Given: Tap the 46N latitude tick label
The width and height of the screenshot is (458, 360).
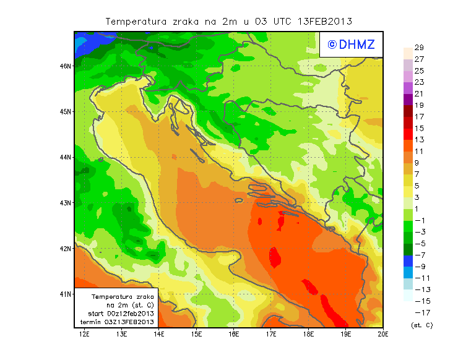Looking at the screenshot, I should [66, 66].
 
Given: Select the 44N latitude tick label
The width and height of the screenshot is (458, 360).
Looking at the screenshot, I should [66, 157].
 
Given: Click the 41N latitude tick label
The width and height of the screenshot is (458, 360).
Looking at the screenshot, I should [66, 294].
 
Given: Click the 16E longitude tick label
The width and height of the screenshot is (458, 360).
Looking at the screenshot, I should [234, 335].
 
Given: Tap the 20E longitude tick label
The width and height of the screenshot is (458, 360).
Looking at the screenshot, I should [383, 335].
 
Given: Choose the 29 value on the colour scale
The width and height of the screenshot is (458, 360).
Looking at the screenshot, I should [419, 48].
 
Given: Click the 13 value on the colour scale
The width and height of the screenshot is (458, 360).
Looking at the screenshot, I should [419, 140].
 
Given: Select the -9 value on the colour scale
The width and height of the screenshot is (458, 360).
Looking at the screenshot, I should [419, 267].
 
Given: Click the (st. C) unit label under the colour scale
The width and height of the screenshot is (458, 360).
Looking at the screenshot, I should [421, 325].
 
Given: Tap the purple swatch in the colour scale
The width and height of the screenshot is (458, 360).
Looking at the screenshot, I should [408, 99].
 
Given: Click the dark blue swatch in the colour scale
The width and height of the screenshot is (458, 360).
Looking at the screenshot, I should [408, 260].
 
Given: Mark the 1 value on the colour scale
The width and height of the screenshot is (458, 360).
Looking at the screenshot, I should [419, 208].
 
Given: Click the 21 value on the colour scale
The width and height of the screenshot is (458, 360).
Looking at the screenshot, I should [419, 93].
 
